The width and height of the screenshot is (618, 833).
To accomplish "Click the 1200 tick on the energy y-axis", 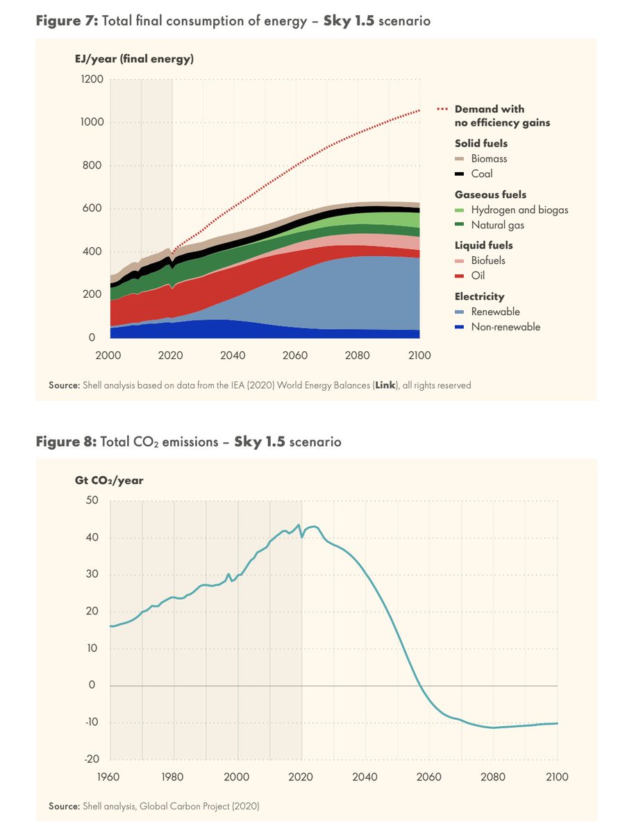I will (x=92, y=79).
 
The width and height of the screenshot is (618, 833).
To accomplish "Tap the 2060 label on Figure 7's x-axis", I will (x=294, y=355).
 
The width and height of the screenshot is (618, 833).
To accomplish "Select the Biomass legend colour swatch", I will (x=460, y=159).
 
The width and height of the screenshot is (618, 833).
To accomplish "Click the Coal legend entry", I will (x=482, y=174).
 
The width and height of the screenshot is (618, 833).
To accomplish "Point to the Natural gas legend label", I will (x=498, y=225).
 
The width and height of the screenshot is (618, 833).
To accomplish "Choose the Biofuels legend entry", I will (x=488, y=260).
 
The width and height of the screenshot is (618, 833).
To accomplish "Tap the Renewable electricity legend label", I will (x=495, y=312).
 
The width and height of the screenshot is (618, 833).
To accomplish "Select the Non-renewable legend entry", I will (x=506, y=327).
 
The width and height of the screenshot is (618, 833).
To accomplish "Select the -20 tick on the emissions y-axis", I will (x=92, y=759).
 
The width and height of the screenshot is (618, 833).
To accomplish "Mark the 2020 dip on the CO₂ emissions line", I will (x=301, y=537).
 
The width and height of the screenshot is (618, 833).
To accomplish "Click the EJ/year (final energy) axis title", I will (x=134, y=59).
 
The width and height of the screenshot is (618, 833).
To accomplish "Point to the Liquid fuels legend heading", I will (x=483, y=245).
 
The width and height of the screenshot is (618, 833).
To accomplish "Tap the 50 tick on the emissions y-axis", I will (x=93, y=500).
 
